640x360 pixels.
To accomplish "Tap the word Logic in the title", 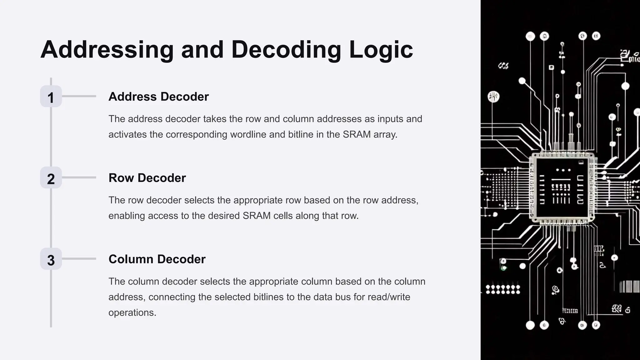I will click(x=381, y=50).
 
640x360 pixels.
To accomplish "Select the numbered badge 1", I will click(x=51, y=97).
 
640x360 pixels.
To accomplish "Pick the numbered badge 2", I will click(x=51, y=178).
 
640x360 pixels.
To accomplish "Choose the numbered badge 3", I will click(x=51, y=259).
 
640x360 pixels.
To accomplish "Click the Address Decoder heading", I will click(x=158, y=97).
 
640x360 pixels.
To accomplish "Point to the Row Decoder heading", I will click(x=147, y=178).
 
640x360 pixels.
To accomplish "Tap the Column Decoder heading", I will click(x=157, y=259).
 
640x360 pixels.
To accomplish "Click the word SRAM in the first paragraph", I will click(x=357, y=135).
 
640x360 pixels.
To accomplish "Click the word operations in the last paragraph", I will click(x=132, y=312).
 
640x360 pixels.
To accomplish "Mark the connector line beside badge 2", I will click(x=79, y=177).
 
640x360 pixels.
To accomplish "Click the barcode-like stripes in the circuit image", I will click(x=629, y=286).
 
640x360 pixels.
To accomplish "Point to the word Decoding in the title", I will click(x=286, y=50).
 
